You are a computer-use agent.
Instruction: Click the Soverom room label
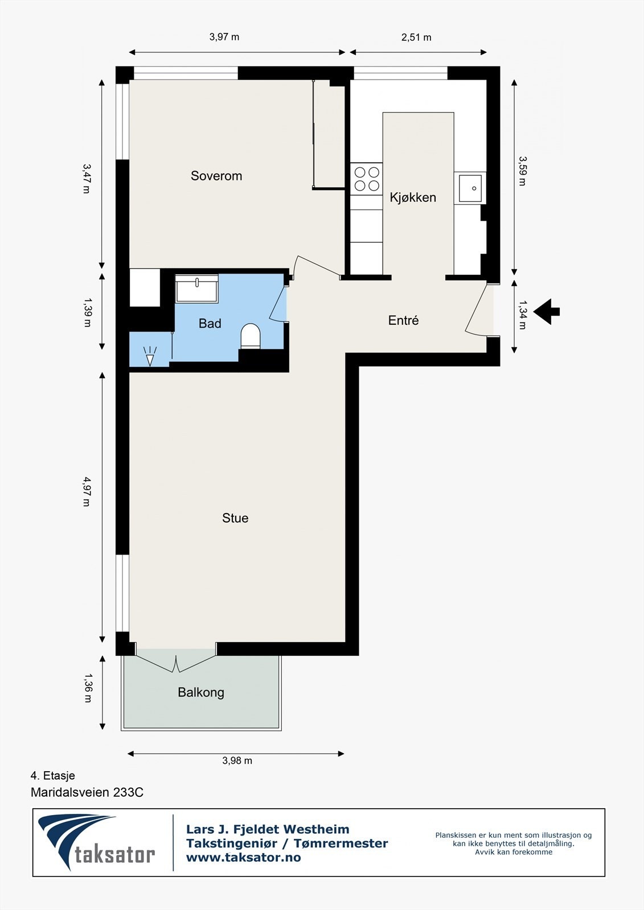[x=216, y=176]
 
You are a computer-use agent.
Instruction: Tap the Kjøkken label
[x=413, y=197]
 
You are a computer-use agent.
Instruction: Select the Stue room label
[x=235, y=518]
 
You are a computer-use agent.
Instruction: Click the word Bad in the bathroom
[x=210, y=324]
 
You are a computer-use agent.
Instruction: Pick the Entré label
[x=404, y=320]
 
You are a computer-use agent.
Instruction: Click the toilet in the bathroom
[x=251, y=336]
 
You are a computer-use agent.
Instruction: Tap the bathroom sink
[x=197, y=288]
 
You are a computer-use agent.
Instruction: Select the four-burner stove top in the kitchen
[x=367, y=179]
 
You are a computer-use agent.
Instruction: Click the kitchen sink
[x=470, y=188]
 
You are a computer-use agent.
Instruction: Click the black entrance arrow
[x=547, y=312]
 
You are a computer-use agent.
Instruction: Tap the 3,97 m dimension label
[x=224, y=37]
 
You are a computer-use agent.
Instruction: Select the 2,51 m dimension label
[x=416, y=38]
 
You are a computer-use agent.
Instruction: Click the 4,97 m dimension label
[x=87, y=492]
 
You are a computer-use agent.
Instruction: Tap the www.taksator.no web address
[x=243, y=858]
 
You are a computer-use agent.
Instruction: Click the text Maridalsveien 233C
[x=87, y=793]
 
